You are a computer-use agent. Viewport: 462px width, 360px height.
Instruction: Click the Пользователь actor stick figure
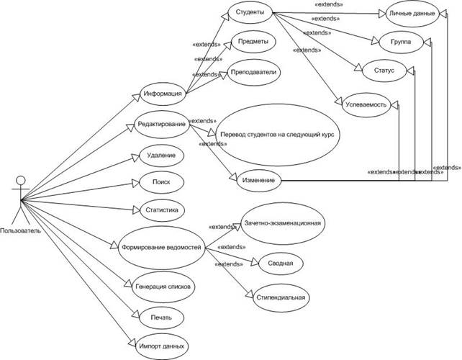(x=19, y=199)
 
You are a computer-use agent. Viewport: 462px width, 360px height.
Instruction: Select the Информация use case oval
(x=162, y=93)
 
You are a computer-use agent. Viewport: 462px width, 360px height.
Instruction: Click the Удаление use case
(x=159, y=155)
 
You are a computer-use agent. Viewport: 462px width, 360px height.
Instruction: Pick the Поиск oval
(x=160, y=182)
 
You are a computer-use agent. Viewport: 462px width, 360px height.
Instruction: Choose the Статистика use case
(x=160, y=210)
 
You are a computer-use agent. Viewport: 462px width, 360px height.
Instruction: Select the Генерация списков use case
(x=162, y=286)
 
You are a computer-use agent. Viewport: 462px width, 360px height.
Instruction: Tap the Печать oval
(x=160, y=316)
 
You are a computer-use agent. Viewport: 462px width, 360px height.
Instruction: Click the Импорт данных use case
(x=160, y=344)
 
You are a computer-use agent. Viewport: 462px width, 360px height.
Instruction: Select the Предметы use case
(x=250, y=42)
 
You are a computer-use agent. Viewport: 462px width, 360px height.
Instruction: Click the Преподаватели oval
(x=253, y=72)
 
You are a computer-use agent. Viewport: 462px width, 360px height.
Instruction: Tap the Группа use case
(x=402, y=42)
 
